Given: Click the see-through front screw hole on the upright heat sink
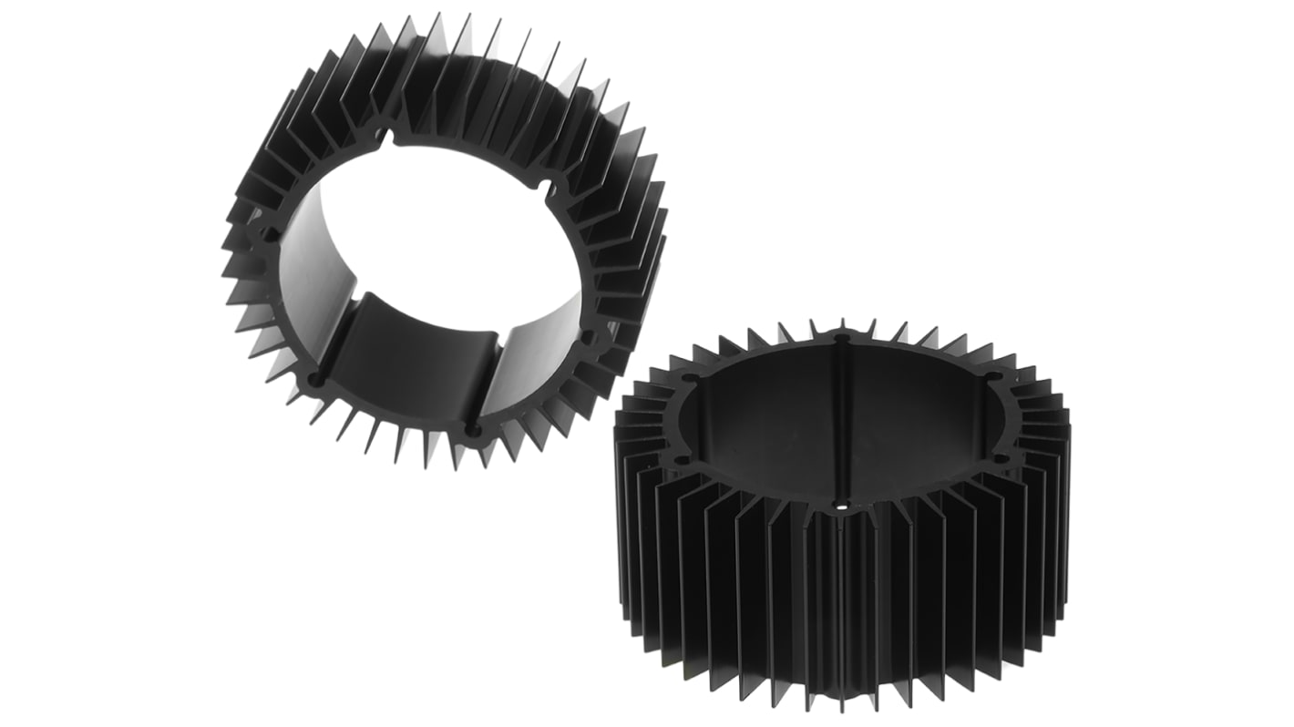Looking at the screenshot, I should coord(841,502).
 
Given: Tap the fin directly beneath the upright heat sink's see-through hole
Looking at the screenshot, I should coord(841,592).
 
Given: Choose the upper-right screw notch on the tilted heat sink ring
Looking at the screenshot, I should coord(546,186).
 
